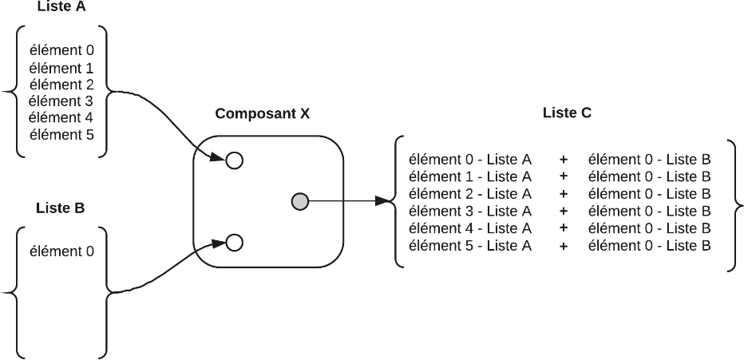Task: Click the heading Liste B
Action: point(60,208)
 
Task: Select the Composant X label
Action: point(263,113)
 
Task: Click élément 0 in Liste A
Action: point(61,50)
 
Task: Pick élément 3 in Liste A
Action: point(61,101)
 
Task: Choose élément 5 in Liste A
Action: point(61,134)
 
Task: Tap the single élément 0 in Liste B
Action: point(61,251)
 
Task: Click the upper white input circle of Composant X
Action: point(234,160)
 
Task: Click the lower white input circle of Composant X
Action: point(234,241)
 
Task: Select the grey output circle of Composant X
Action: point(299,202)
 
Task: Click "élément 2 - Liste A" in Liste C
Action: point(469,194)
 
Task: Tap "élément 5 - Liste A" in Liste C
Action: point(469,245)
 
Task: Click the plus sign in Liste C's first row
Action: point(564,160)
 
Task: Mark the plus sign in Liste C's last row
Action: point(564,246)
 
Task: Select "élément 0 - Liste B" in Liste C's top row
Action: point(649,160)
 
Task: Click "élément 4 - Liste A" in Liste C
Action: point(469,228)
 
